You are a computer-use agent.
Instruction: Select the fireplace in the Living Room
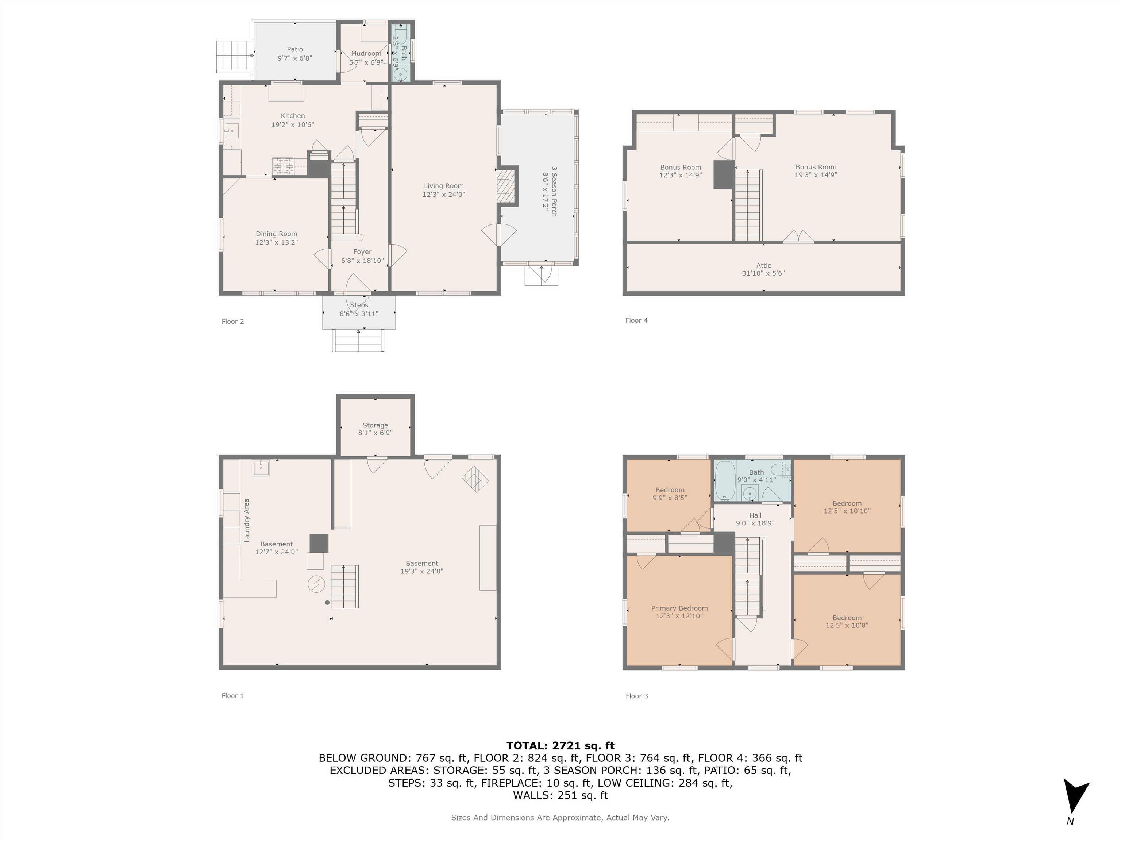click(505, 186)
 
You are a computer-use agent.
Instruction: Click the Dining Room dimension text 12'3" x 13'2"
click(276, 242)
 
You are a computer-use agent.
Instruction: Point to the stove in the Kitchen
click(283, 166)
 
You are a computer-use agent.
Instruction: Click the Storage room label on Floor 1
click(375, 425)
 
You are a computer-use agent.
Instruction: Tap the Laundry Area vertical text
click(247, 520)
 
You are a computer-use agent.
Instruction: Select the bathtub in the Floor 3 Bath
click(724, 480)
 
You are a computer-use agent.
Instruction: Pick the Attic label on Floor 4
click(763, 265)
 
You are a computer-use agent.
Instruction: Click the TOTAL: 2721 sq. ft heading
click(560, 746)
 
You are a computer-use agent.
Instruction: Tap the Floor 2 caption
click(232, 321)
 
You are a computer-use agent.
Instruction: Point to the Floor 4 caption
click(636, 320)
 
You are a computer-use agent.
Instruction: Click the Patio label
click(295, 49)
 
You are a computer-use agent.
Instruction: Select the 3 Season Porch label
click(554, 191)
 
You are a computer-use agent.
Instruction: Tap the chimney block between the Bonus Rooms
click(724, 174)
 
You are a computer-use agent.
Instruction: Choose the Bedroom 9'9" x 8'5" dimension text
click(670, 498)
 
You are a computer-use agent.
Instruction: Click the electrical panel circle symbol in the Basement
click(316, 584)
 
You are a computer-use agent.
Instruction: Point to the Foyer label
click(362, 252)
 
